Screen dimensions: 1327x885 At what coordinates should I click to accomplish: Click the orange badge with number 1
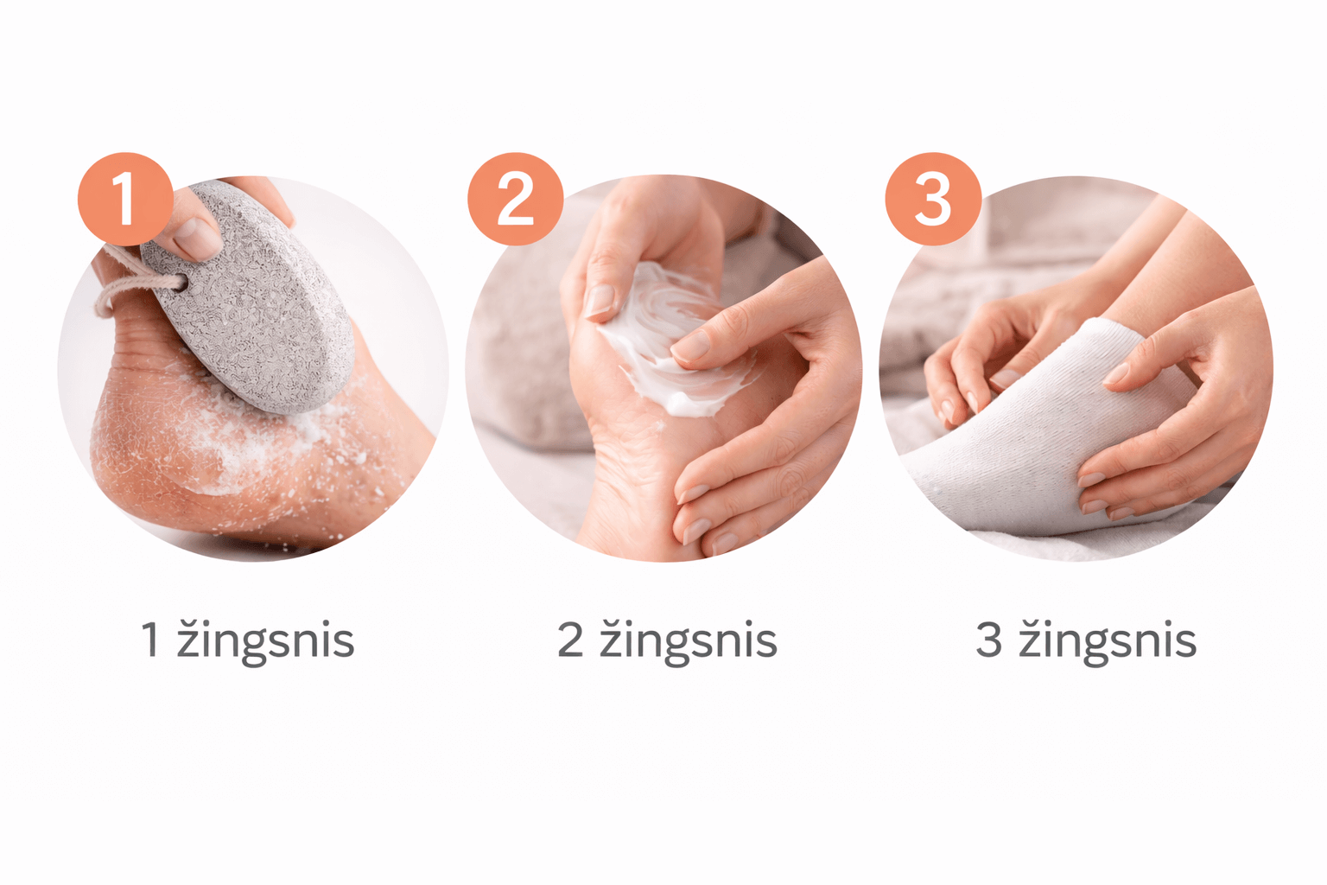pyautogui.click(x=125, y=199)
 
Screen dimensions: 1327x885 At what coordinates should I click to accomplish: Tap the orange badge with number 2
pyautogui.click(x=515, y=199)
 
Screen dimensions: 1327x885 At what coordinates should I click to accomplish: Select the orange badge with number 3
pyautogui.click(x=933, y=199)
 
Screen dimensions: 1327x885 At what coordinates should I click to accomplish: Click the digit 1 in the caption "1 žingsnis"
pyautogui.click(x=149, y=640)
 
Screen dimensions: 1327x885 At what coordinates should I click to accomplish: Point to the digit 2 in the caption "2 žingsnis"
pyautogui.click(x=570, y=640)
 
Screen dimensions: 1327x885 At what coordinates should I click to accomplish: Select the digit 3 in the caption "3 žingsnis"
pyautogui.click(x=988, y=640)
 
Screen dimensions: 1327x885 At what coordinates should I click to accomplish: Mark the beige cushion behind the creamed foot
pyautogui.click(x=521, y=356)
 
